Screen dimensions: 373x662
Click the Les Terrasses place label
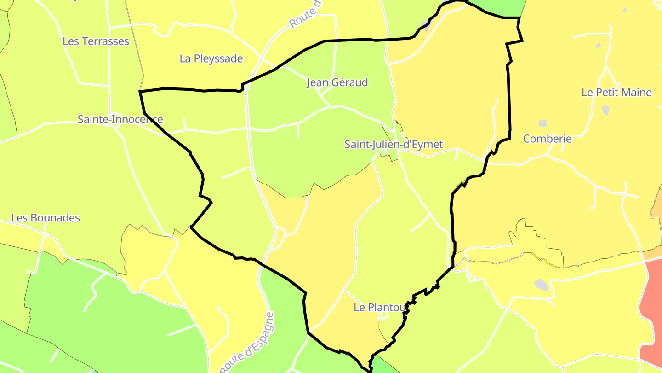coord(96,41)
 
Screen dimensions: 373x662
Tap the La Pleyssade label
coord(211,58)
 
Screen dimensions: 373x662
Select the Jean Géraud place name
coord(337,82)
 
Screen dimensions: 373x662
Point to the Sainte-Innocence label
coord(120,119)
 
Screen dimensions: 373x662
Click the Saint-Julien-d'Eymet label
coord(394,144)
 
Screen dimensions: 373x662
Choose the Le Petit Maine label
coord(616,93)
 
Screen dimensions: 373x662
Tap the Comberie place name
coord(547,139)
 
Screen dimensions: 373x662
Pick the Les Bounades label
coord(46,218)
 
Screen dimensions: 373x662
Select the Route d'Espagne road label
coord(248,343)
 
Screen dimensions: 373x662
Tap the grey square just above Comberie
coord(543,123)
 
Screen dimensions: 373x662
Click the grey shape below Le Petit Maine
coord(605,110)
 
